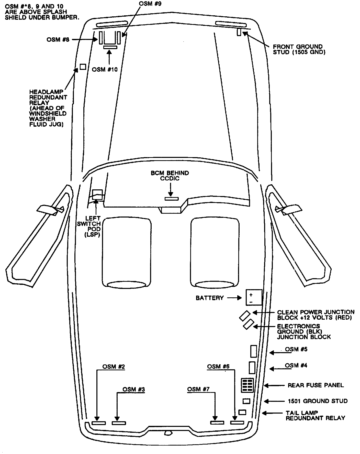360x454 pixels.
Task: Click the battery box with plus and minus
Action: click(x=254, y=297)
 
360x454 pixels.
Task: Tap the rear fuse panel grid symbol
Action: click(x=247, y=385)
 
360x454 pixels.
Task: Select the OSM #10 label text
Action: click(x=105, y=69)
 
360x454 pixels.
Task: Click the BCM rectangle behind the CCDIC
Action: click(x=172, y=199)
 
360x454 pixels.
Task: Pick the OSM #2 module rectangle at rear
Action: click(x=98, y=423)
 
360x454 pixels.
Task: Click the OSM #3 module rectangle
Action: click(x=119, y=423)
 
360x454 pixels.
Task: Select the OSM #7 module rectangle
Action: click(x=217, y=423)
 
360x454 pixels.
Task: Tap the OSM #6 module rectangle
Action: click(x=237, y=423)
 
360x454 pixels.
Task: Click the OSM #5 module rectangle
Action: click(x=253, y=351)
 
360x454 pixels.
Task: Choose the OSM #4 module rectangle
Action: click(x=252, y=367)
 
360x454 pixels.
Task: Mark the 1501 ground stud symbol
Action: click(x=246, y=401)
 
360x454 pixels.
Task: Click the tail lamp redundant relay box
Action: click(x=242, y=412)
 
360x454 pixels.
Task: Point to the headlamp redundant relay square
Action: click(x=83, y=67)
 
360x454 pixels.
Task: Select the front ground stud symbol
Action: click(x=239, y=32)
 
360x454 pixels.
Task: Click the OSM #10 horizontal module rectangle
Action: click(x=110, y=47)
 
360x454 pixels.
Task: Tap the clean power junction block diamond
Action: click(x=245, y=316)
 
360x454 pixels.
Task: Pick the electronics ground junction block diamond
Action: click(x=248, y=324)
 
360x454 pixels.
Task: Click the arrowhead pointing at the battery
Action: click(x=239, y=298)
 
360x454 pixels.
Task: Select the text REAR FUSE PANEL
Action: click(x=316, y=385)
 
